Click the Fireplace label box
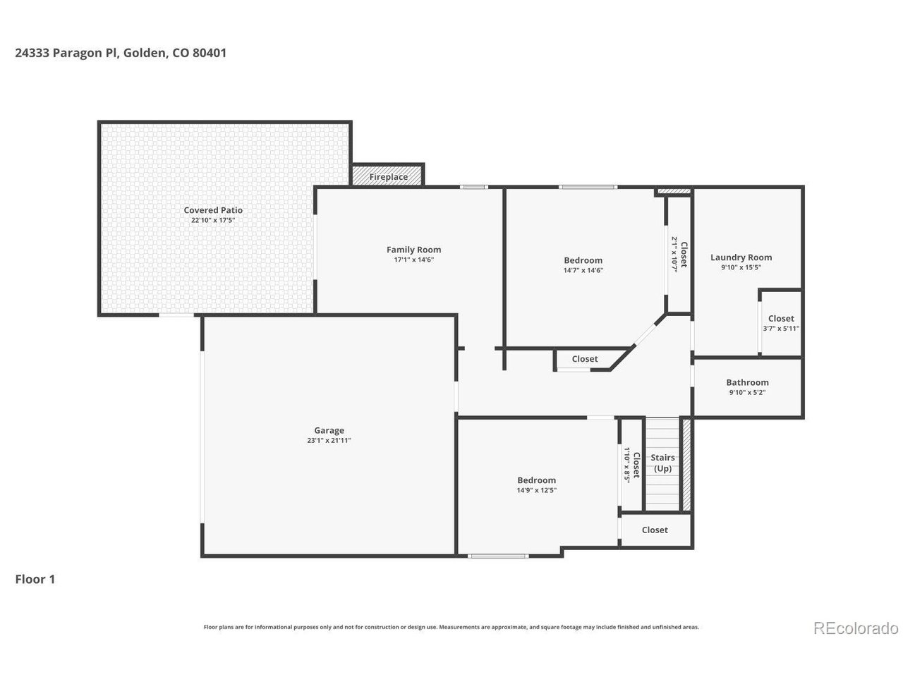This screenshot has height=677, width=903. tap(388, 176)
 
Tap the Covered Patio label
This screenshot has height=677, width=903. tap(213, 210)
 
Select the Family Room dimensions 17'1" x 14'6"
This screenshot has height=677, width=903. tap(414, 260)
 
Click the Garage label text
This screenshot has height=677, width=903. tap(329, 430)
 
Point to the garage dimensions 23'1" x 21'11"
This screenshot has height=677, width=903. tap(329, 441)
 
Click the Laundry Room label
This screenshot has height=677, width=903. tap(741, 257)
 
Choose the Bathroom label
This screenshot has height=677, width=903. tap(747, 382)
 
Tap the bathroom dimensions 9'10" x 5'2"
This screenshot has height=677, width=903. tap(747, 393)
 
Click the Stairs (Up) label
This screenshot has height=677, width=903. tap(662, 463)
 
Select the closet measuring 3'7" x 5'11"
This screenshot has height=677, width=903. tap(781, 324)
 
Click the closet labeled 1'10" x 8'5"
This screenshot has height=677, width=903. tap(631, 465)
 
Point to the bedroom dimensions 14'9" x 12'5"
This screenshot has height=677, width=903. tap(537, 491)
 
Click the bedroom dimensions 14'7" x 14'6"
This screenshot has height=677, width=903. tap(583, 270)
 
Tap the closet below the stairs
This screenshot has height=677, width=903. tap(655, 530)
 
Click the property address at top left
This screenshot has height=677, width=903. tap(121, 53)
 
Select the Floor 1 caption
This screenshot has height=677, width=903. tap(35, 580)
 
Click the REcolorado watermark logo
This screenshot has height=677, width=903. tap(856, 628)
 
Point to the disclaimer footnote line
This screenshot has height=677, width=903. tap(451, 627)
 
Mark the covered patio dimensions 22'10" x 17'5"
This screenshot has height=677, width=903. tap(213, 220)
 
